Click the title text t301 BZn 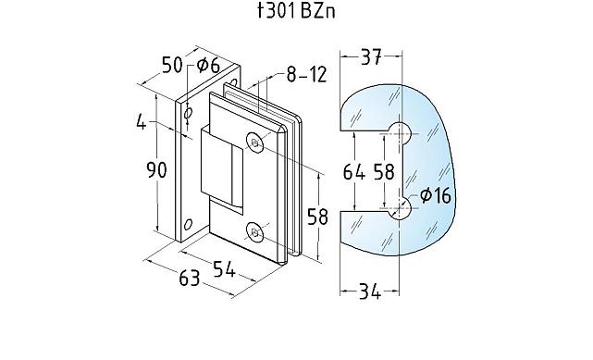[295, 14]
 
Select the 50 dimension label [172, 66]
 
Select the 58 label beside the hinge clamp [317, 218]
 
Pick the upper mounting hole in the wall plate [189, 113]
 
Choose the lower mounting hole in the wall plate [189, 224]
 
